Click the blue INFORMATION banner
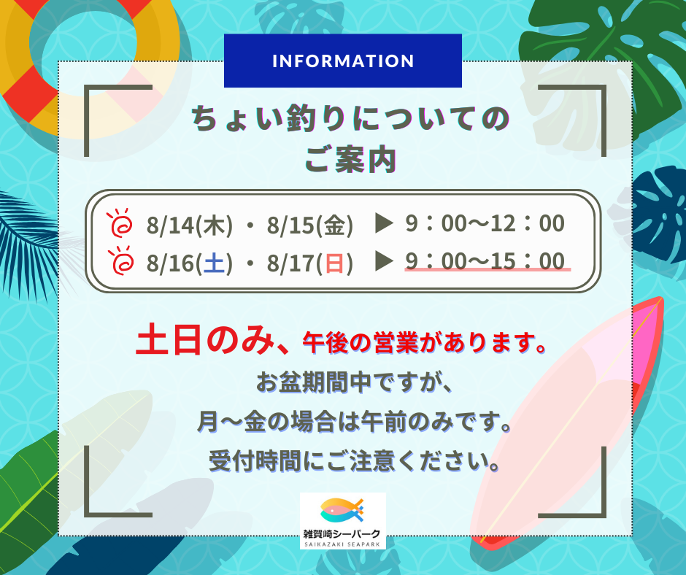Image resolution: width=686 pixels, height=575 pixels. [342, 61]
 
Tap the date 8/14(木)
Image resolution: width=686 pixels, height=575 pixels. [190, 225]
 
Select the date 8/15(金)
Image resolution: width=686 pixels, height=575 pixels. [310, 225]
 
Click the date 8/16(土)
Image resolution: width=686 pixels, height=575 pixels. [190, 263]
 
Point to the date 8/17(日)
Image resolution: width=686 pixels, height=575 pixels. [310, 263]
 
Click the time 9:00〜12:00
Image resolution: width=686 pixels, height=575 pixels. [485, 223]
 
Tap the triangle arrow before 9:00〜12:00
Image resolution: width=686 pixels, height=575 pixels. [385, 223]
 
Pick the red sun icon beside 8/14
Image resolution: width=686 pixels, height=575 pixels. [120, 223]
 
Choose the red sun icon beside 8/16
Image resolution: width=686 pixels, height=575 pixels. [120, 261]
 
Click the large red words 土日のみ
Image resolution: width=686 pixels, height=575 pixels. [206, 340]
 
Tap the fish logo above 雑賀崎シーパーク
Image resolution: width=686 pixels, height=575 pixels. [342, 511]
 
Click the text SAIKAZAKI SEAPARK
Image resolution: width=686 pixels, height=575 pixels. [342, 544]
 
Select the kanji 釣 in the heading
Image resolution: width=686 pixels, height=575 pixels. [302, 118]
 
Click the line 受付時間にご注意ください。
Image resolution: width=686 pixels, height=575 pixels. [355, 460]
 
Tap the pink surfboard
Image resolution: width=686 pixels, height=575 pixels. [569, 420]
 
